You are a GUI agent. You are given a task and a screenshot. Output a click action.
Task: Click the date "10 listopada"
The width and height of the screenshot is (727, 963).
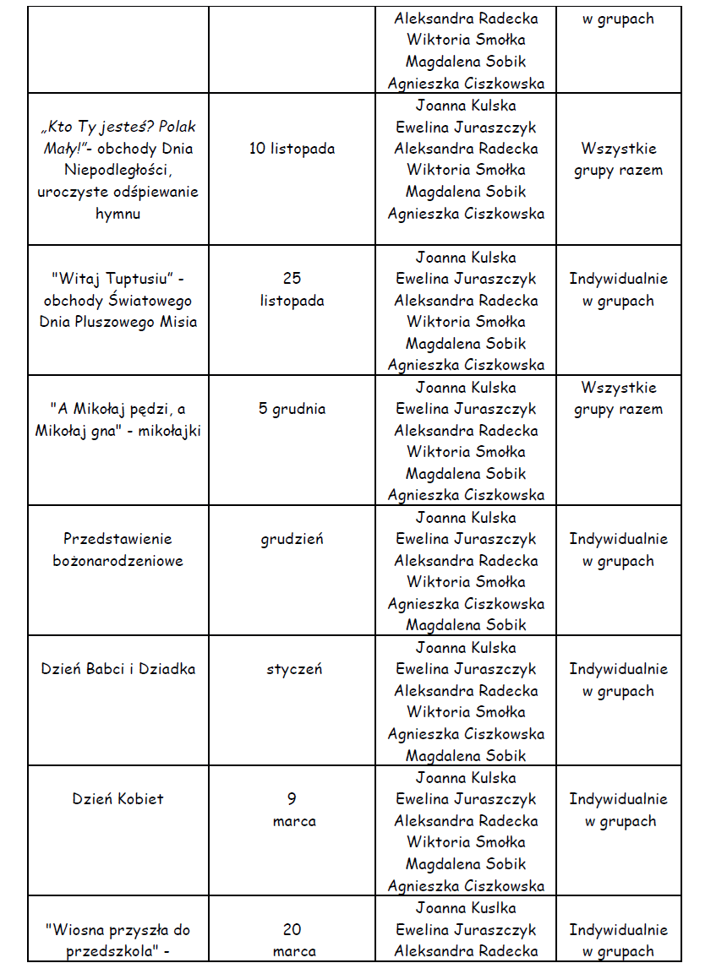pyautogui.click(x=292, y=149)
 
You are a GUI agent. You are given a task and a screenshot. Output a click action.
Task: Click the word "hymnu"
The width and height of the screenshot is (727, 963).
pyautogui.click(x=118, y=214)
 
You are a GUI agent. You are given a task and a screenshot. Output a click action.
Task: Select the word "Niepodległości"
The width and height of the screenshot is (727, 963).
pyautogui.click(x=118, y=170)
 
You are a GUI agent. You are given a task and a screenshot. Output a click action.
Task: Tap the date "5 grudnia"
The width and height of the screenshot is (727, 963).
pyautogui.click(x=292, y=409)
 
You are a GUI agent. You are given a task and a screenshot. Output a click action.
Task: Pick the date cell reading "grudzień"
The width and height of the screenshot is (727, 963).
pyautogui.click(x=292, y=539)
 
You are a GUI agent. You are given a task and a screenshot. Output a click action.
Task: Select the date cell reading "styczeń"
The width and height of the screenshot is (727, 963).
pyautogui.click(x=293, y=669)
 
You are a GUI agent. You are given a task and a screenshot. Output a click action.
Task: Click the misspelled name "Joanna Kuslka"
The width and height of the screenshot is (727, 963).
pyautogui.click(x=466, y=908)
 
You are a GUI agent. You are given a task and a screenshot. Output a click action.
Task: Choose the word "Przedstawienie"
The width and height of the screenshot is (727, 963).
pyautogui.click(x=118, y=539)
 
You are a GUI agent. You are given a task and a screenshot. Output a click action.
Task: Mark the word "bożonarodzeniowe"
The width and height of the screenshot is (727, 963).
pyautogui.click(x=118, y=561)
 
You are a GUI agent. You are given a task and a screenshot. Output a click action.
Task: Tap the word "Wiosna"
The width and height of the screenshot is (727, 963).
pyautogui.click(x=73, y=929)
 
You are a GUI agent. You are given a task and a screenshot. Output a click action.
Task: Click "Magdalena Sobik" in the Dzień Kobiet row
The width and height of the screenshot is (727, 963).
pyautogui.click(x=466, y=864)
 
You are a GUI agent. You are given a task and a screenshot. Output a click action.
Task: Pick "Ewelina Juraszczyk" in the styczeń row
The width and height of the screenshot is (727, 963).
pyautogui.click(x=466, y=669)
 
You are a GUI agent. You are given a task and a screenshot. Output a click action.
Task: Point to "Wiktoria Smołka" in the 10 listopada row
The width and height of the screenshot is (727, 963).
pyautogui.click(x=466, y=170)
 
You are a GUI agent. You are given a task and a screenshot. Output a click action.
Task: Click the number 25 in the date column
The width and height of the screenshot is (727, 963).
pyautogui.click(x=292, y=279)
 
